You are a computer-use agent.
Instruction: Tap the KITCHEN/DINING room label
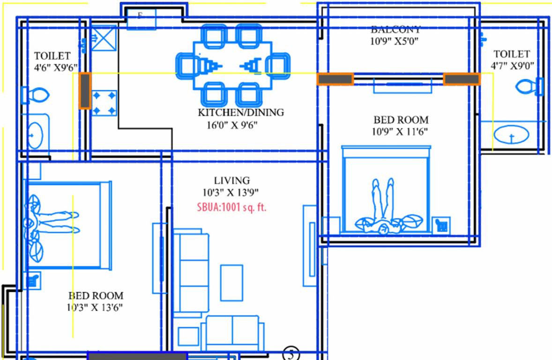point(240,112)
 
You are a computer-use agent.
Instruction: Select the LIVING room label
point(232,180)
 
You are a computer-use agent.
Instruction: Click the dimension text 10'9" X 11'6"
point(400,132)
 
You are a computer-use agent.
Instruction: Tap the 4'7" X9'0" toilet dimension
point(512,65)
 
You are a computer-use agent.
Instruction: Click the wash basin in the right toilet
point(511,135)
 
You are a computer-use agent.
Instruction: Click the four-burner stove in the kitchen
point(104,103)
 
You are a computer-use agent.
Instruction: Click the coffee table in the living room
point(231,282)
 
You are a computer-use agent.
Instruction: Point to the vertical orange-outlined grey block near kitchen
point(85,91)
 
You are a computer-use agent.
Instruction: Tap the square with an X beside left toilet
point(104,38)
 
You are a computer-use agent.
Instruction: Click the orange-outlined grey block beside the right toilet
point(462,79)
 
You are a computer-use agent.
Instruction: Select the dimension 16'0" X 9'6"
point(233,125)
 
